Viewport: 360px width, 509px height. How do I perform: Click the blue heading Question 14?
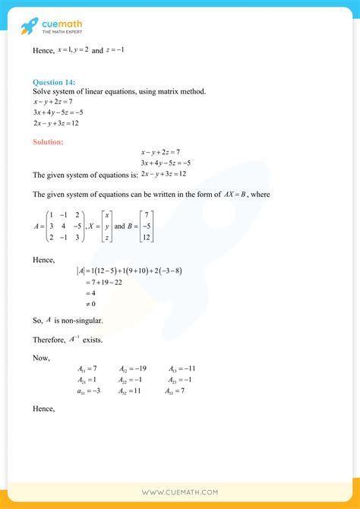55,82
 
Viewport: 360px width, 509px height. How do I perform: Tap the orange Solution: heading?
48,141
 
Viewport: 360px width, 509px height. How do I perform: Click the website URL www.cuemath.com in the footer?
180,492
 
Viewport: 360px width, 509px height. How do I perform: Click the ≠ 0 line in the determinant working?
92,303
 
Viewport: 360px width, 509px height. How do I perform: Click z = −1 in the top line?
122,49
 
